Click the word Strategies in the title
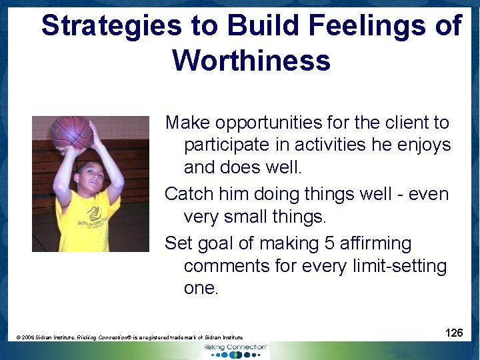point(111,26)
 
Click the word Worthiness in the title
point(251,60)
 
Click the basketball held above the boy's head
point(71,132)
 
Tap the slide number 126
point(454,332)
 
